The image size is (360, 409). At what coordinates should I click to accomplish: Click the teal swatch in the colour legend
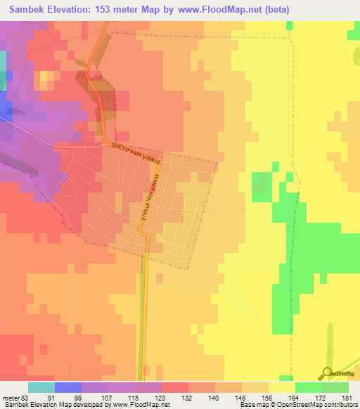[41, 387]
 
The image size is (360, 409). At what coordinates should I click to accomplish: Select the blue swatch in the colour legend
[68, 387]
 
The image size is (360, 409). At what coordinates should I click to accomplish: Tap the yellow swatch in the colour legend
[282, 387]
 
